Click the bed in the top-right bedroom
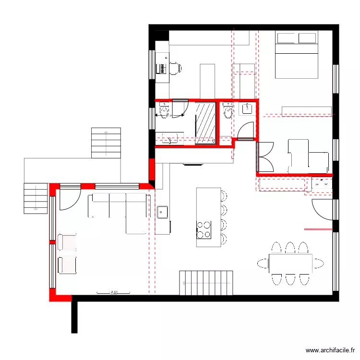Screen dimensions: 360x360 pos(296,55)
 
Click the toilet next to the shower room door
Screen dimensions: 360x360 pos(165,111)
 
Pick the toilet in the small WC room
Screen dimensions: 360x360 pos(227,110)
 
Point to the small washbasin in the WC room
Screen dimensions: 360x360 pos(247,108)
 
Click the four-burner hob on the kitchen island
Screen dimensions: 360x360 pos(204,229)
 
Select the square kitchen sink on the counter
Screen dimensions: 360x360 pos(162,211)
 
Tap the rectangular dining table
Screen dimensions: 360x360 pos(290,263)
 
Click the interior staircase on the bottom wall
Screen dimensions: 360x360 pos(206,283)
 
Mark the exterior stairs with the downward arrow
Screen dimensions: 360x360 pos(36,198)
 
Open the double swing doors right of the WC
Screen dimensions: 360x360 pos(265,156)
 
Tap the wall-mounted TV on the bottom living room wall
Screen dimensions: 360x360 pos(113,292)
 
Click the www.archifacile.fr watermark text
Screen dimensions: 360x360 pos(331,351)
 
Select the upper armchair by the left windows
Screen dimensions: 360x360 pos(67,241)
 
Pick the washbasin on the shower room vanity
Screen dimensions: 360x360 pos(170,140)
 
